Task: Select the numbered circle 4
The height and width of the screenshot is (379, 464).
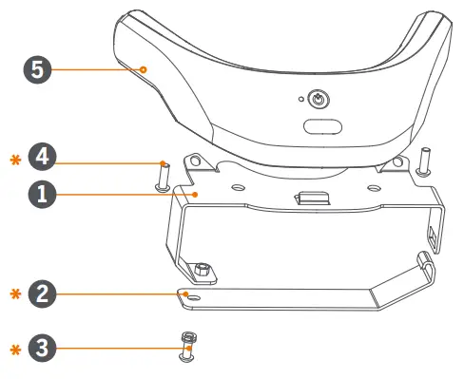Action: click(x=40, y=157)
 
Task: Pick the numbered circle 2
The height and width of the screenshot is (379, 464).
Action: click(x=40, y=294)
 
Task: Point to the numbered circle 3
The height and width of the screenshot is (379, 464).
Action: click(x=40, y=349)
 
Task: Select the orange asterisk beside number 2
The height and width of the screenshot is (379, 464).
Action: click(x=13, y=294)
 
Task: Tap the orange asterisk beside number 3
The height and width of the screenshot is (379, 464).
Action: click(x=13, y=350)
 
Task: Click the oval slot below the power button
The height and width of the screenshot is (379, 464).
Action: click(x=323, y=125)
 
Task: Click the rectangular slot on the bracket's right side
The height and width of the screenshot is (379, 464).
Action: click(x=434, y=233)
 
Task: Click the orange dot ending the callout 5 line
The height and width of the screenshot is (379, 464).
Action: click(x=143, y=69)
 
